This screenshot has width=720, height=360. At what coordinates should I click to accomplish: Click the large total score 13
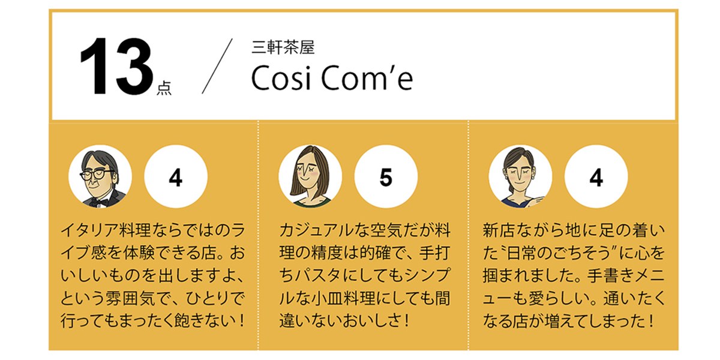point(117,67)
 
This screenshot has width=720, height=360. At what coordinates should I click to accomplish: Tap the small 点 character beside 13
point(164,88)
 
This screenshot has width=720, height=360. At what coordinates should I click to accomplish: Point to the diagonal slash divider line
point(217,66)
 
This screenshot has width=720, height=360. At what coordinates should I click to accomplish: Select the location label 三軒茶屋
point(283,47)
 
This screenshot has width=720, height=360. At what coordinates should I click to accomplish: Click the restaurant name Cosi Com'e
point(332,78)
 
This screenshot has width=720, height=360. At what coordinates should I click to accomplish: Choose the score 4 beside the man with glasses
point(176,176)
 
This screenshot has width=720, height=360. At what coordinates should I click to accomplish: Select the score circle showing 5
point(386,176)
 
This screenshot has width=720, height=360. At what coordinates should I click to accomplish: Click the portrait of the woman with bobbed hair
point(310,176)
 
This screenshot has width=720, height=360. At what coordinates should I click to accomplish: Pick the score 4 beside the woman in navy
point(596,176)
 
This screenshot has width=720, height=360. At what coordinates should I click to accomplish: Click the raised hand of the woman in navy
point(536,201)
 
